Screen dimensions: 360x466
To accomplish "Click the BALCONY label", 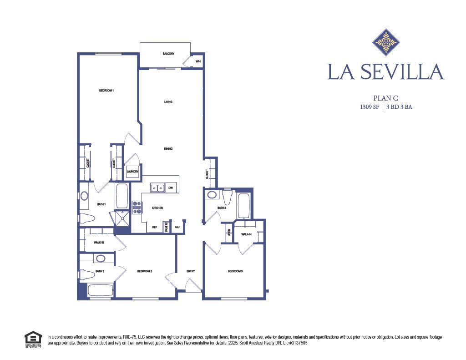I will (x=168, y=54).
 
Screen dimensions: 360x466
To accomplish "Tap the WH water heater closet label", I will (x=198, y=61).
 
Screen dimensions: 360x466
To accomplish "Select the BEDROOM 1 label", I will (x=106, y=91).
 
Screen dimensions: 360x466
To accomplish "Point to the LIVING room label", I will (x=168, y=102).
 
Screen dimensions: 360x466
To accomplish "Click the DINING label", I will (x=168, y=149).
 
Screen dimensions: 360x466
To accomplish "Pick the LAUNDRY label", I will (x=132, y=172).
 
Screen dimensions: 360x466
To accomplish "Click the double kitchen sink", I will (x=157, y=188).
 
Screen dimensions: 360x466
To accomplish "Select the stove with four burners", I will (x=137, y=208).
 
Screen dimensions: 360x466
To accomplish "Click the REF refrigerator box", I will (x=155, y=227).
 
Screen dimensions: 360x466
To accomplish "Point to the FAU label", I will (x=177, y=227).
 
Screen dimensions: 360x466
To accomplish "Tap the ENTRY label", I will (x=191, y=271).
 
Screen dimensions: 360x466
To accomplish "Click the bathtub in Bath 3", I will (x=243, y=206).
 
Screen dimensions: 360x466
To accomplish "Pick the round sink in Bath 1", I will (x=84, y=196).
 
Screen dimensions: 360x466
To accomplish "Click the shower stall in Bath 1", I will (x=122, y=219).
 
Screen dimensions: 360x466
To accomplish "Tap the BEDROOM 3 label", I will (x=235, y=271).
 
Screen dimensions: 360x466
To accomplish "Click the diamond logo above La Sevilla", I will (x=386, y=42).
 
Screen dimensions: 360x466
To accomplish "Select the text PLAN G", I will (x=385, y=98).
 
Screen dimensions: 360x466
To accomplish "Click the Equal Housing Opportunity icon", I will (x=32, y=339).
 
